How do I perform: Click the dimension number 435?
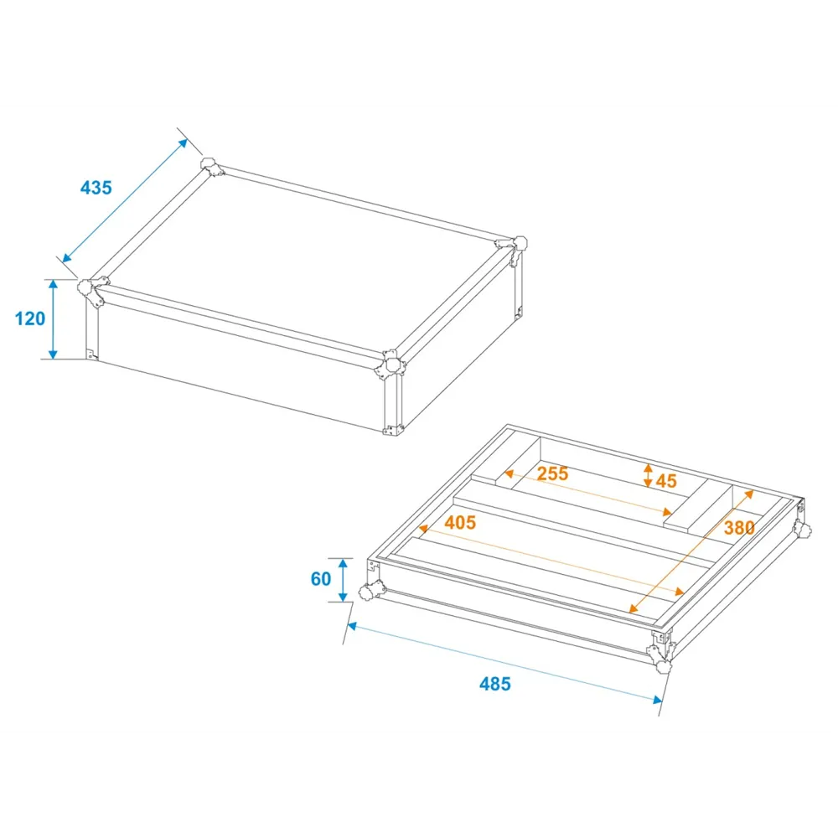(x=96, y=188)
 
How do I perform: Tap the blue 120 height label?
(x=30, y=318)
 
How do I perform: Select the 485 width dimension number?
(x=495, y=684)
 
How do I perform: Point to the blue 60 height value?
(x=321, y=579)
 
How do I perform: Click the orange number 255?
(x=552, y=473)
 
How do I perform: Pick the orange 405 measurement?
(x=460, y=522)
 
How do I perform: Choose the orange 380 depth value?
(x=739, y=528)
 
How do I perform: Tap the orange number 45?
(x=666, y=481)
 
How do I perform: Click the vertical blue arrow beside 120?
(x=53, y=319)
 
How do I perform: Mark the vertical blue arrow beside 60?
(x=343, y=580)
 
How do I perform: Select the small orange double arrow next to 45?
(x=648, y=475)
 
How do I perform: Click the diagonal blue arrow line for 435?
(x=125, y=201)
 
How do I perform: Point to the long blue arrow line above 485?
(x=505, y=663)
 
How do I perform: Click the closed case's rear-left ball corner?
(x=211, y=166)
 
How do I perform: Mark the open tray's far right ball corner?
(x=803, y=529)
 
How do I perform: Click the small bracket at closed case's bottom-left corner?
(x=91, y=354)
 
